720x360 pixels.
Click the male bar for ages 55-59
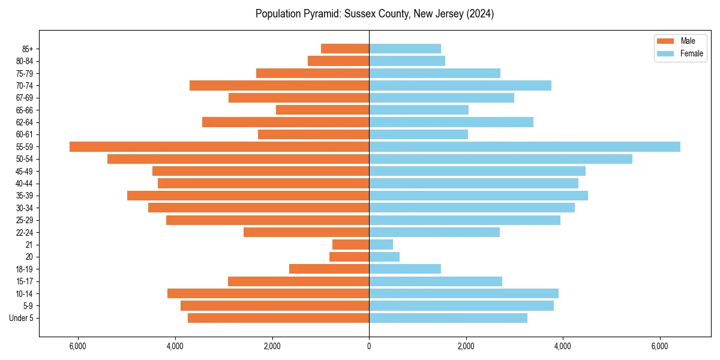pos(219,146)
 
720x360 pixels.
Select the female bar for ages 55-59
pos(524,146)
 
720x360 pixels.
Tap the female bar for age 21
pos(381,244)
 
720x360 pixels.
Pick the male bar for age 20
pos(349,257)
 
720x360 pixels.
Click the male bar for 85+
pos(345,49)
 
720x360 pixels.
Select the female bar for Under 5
pos(448,318)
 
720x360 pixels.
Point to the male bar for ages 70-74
pos(279,85)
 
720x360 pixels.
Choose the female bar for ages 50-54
pos(500,159)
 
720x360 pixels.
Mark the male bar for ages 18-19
pos(329,269)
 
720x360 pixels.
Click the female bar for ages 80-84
pos(407,61)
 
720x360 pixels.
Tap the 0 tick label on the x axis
pos(369,346)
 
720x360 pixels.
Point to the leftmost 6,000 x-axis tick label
pos(78,346)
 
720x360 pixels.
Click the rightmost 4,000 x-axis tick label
pos(563,346)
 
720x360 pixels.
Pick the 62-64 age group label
pos(25,122)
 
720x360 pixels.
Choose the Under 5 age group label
pos(22,318)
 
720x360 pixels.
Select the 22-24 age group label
pos(25,232)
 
